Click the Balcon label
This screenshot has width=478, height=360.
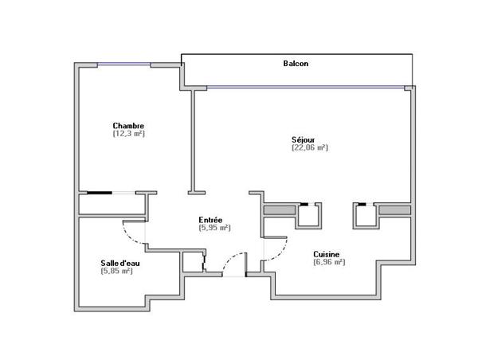[x=296, y=63]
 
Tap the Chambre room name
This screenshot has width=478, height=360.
[x=128, y=126]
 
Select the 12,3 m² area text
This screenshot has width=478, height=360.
[x=128, y=135]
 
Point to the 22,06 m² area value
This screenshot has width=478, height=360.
[x=310, y=147]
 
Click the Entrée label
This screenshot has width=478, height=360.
[x=210, y=219]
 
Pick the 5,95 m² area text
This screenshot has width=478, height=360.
[x=214, y=228]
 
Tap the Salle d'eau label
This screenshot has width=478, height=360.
[x=116, y=263]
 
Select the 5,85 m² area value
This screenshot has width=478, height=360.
[x=116, y=272]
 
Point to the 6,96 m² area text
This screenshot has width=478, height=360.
[x=328, y=263]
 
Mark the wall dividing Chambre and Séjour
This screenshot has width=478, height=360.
[x=191, y=139]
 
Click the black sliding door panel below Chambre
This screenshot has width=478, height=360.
[x=100, y=192]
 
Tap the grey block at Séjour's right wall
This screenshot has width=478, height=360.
[x=395, y=209]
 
